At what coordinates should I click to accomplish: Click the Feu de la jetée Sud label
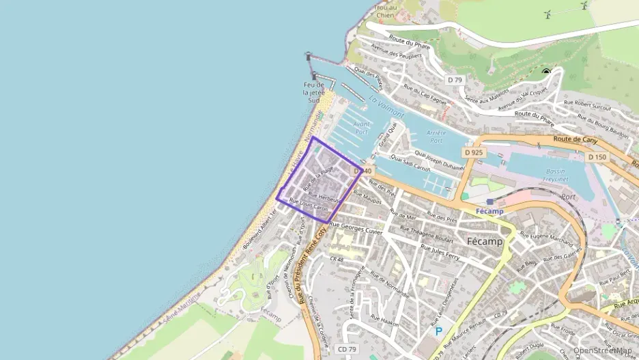pyautogui.click(x=313, y=92)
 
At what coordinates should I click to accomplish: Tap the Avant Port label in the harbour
pyautogui.click(x=362, y=128)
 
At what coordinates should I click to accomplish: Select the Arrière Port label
pyautogui.click(x=436, y=136)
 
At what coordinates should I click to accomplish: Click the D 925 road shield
pyautogui.click(x=473, y=152)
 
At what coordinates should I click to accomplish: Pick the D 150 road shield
pyautogui.click(x=596, y=157)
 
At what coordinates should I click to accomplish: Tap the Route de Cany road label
pyautogui.click(x=571, y=139)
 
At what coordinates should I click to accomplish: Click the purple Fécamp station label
pyautogui.click(x=489, y=211)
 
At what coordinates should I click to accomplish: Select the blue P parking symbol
pyautogui.click(x=438, y=331)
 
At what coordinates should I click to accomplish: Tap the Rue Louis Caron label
pyautogui.click(x=309, y=204)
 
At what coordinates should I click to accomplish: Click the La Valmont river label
pyautogui.click(x=386, y=105)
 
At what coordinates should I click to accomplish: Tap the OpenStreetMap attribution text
pyautogui.click(x=602, y=350)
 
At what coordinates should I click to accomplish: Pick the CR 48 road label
pyautogui.click(x=337, y=260)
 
